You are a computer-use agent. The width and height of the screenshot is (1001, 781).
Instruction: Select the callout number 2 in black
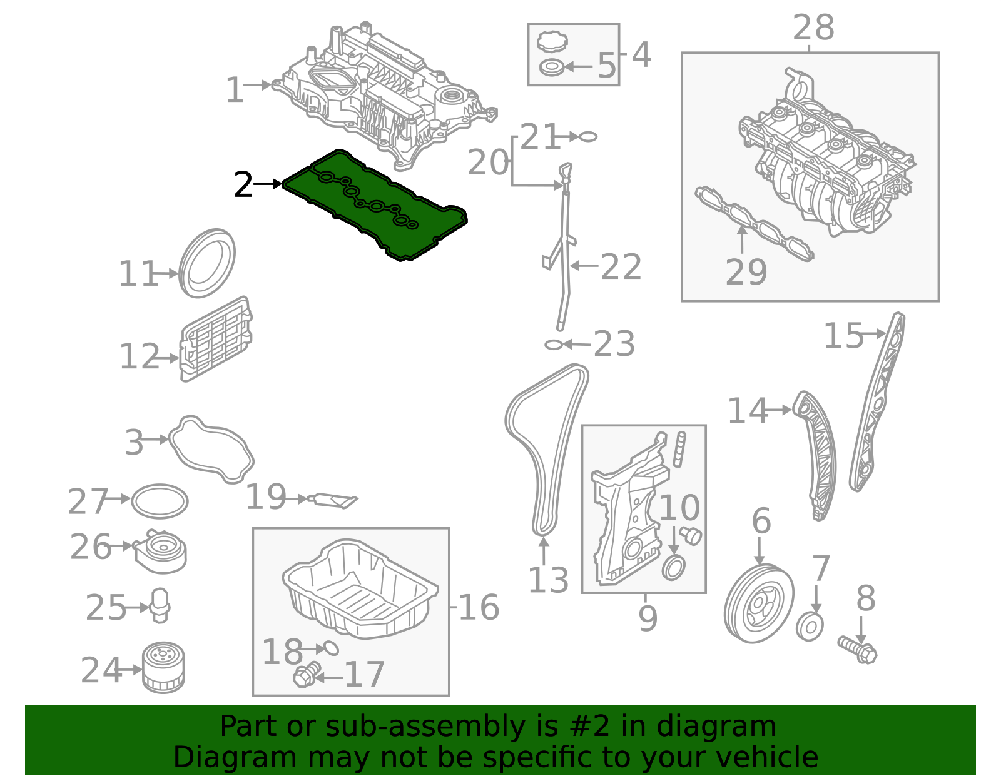243,186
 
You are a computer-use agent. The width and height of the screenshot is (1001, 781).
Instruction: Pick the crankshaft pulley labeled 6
759,603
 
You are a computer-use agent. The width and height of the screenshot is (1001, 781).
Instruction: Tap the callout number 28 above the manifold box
813,28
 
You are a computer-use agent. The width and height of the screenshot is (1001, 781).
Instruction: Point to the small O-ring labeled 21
588,136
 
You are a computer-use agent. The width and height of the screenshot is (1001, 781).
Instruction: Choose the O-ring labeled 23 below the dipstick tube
554,345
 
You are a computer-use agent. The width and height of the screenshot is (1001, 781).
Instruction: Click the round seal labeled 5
551,67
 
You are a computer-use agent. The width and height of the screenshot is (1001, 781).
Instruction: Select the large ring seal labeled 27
160,501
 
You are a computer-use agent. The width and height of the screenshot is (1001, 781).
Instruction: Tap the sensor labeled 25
160,605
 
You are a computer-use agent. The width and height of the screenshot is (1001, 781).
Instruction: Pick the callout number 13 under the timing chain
548,580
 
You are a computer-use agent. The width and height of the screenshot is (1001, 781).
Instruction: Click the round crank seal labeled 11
207,264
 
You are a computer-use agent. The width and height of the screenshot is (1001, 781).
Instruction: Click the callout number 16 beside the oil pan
479,607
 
